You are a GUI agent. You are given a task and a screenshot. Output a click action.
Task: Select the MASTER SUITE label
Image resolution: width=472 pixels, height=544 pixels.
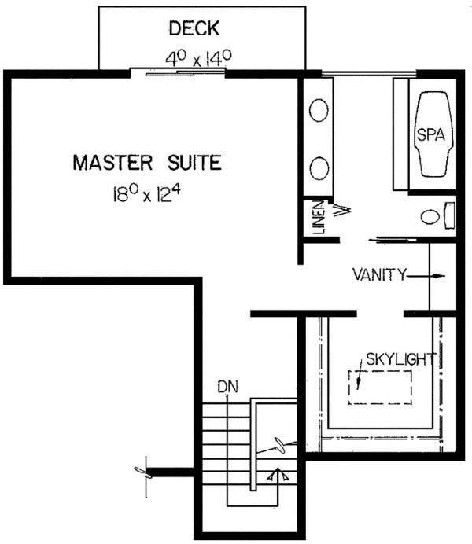tap(147, 164)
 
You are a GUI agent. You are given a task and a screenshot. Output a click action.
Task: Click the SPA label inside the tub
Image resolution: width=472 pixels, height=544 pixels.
tap(431, 134)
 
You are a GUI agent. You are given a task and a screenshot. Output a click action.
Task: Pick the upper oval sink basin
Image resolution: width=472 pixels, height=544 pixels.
tap(319, 111)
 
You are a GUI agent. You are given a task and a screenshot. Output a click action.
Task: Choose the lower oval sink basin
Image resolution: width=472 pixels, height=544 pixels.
tap(319, 167)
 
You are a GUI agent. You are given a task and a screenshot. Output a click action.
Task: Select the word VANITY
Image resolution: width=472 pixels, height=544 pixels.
tap(378, 275)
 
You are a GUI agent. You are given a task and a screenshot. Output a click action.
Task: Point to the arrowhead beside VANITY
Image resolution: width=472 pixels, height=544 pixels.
tap(440, 275)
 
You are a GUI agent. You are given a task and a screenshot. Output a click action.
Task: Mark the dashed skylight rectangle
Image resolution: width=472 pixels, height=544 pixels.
tap(380, 388)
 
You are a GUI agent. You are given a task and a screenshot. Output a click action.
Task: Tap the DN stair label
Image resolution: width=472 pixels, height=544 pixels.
tap(228, 387)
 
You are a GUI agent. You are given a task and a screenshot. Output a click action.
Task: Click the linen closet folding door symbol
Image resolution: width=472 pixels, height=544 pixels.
tap(342, 210)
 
